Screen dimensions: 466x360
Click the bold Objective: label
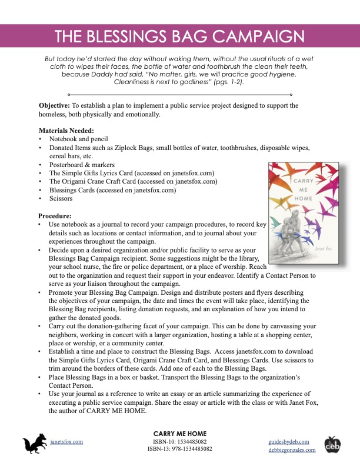[55, 105]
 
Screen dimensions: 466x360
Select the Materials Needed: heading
[66, 130]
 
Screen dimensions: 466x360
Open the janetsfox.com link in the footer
[66, 441]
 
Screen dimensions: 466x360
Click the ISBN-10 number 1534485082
[193, 441]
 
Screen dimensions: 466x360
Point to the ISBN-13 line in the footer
[180, 449]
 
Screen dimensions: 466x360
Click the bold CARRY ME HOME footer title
[180, 432]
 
